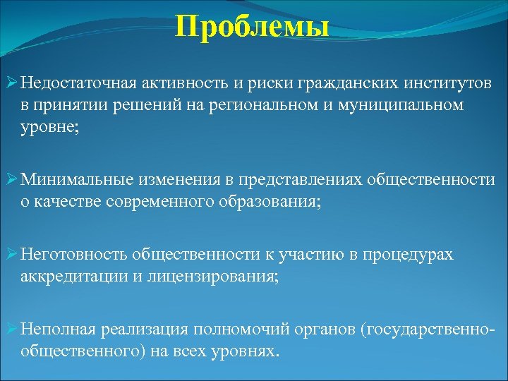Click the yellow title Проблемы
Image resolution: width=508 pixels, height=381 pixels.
[x=253, y=28]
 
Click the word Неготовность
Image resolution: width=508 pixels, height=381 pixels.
[x=66, y=254]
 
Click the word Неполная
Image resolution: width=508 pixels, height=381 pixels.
[x=56, y=329]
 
